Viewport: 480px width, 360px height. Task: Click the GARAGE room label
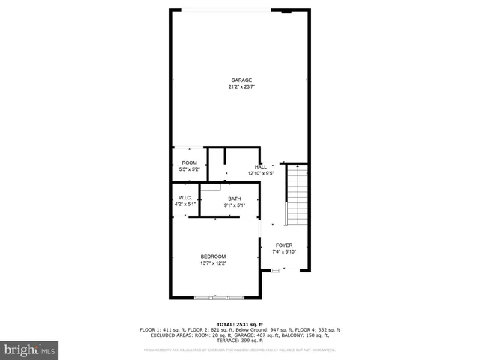(x=241, y=79)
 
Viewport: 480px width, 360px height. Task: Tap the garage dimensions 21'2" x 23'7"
(x=241, y=86)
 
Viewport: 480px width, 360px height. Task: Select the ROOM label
(x=188, y=163)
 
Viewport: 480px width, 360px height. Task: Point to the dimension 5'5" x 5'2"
(x=188, y=169)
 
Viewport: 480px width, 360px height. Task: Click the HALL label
(x=260, y=166)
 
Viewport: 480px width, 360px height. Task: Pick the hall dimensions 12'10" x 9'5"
(x=260, y=173)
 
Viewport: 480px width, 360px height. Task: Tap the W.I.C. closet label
(x=186, y=198)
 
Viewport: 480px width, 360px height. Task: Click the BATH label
(x=235, y=199)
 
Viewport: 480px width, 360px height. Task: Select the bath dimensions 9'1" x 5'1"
(x=235, y=205)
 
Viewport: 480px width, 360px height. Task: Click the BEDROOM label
(x=213, y=256)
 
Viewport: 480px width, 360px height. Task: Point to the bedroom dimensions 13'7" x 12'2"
(x=213, y=263)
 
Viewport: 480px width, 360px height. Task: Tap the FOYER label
(x=284, y=244)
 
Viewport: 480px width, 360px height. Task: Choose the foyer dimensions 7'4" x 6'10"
(x=284, y=251)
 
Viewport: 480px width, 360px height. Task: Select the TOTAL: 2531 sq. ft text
(x=240, y=323)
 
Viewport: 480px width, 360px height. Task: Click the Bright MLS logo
(x=29, y=349)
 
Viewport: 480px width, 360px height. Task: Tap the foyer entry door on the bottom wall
(x=275, y=271)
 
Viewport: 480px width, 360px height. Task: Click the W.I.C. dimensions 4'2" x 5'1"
(x=186, y=204)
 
